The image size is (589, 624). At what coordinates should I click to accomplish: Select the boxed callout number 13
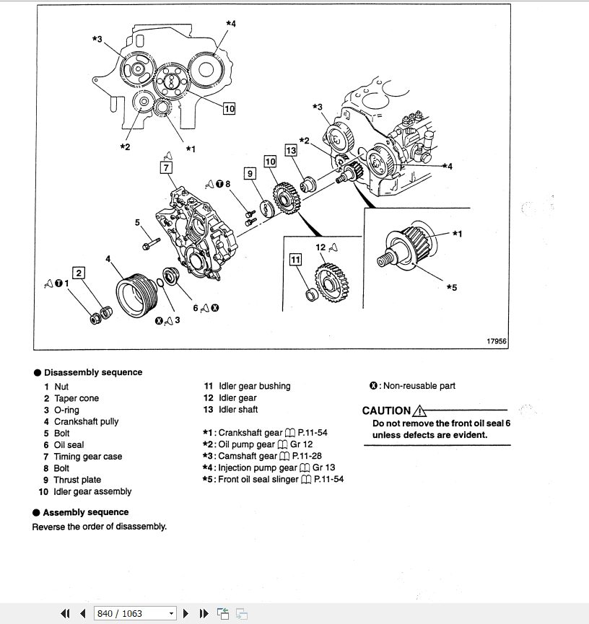[291, 150]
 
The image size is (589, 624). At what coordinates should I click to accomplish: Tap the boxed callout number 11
[295, 260]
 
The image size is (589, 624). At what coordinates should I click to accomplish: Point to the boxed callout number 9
[250, 173]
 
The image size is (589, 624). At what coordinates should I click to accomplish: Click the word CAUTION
[386, 411]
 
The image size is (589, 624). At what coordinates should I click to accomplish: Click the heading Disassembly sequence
[93, 372]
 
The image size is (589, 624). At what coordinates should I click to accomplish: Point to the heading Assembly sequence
[86, 512]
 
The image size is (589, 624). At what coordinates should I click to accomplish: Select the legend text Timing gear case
[88, 457]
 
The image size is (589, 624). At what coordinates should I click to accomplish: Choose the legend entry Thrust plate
[77, 480]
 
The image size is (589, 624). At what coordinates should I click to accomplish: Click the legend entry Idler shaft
[238, 410]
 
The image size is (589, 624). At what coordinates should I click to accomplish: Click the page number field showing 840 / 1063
[134, 613]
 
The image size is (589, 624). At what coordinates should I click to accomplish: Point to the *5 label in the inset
[451, 288]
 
